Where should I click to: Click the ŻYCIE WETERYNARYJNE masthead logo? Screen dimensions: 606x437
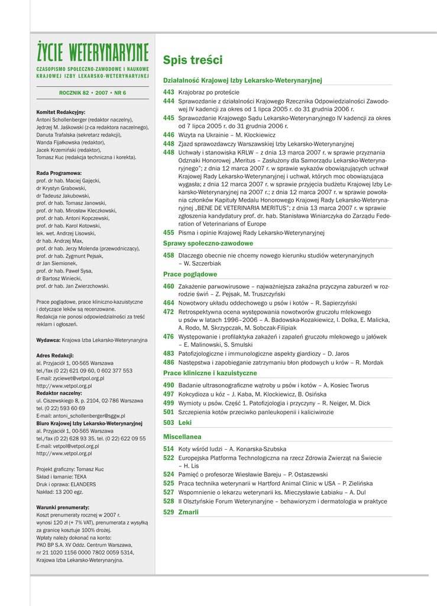click(92, 53)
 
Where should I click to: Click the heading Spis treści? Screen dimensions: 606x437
click(193, 60)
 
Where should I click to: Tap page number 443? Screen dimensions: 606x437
click(169, 92)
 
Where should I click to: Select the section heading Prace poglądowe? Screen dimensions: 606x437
click(190, 275)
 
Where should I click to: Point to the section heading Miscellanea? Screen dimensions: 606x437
click(182, 437)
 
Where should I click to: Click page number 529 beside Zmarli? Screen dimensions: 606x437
click(169, 512)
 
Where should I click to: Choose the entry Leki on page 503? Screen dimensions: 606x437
click(185, 423)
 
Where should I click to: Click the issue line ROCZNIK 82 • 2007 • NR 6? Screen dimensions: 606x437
click(92, 93)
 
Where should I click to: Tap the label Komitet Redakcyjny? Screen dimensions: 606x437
click(61, 112)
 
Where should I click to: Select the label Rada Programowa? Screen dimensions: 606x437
click(59, 173)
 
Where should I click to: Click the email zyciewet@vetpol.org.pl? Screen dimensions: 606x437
click(70, 378)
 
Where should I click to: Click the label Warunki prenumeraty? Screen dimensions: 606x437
click(63, 508)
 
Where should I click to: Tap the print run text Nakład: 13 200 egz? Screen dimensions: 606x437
click(60, 492)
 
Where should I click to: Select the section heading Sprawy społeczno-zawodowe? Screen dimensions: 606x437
click(208, 243)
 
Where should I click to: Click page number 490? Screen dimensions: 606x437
click(169, 385)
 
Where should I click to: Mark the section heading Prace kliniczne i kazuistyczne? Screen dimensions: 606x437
click(210, 373)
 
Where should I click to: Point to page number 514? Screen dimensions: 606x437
click(169, 449)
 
